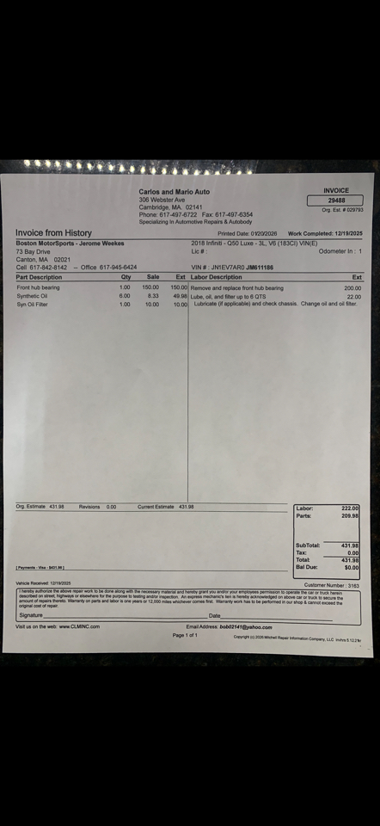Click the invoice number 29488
pyautogui.click(x=336, y=200)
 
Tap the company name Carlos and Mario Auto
pyautogui.click(x=174, y=192)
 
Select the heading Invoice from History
pyautogui.click(x=53, y=233)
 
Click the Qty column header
pyautogui.click(x=126, y=277)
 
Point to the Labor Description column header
pyautogui.click(x=217, y=277)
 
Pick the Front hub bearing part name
pyautogui.click(x=39, y=287)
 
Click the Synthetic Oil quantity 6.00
pyautogui.click(x=125, y=296)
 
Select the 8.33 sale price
pyautogui.click(x=152, y=296)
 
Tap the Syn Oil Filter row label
pyautogui.click(x=33, y=304)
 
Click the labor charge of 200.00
pyautogui.click(x=352, y=288)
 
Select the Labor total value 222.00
pyautogui.click(x=349, y=509)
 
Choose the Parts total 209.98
pyautogui.click(x=349, y=516)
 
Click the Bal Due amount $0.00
pyautogui.click(x=351, y=568)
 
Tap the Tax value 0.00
pyautogui.click(x=352, y=553)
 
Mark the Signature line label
pyautogui.click(x=31, y=616)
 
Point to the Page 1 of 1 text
pyautogui.click(x=185, y=635)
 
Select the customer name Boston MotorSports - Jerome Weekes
pyautogui.click(x=70, y=243)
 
